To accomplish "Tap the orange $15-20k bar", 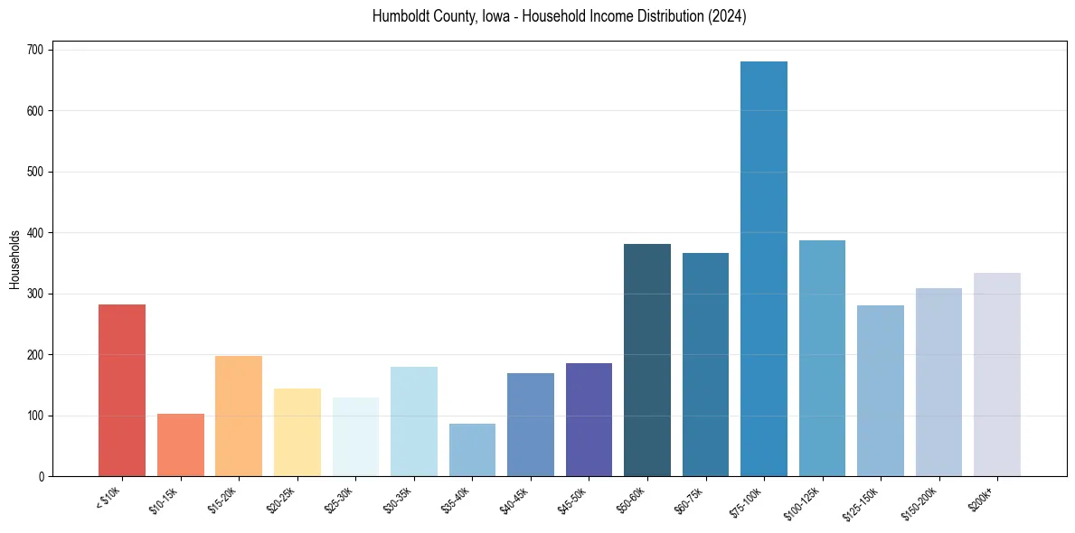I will pos(239,416).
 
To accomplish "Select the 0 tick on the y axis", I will pos(43,477).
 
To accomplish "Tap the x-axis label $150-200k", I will pos(921,501).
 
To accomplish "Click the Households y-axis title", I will pos(14,258).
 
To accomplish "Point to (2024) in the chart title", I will pos(729,17).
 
